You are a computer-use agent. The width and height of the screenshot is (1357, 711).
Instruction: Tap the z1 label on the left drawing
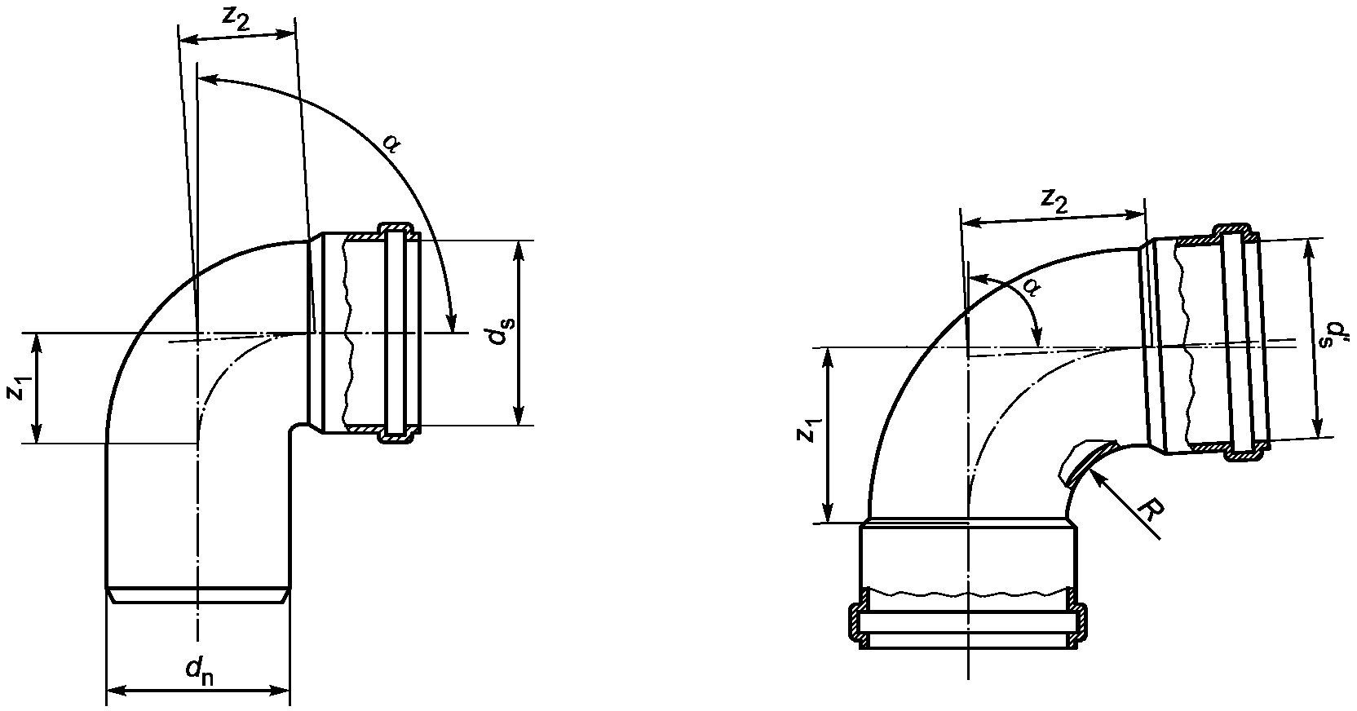click(17, 389)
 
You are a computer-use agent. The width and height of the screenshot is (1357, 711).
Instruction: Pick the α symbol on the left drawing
click(391, 144)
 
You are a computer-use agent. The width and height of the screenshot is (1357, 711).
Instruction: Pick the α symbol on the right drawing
click(1030, 289)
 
